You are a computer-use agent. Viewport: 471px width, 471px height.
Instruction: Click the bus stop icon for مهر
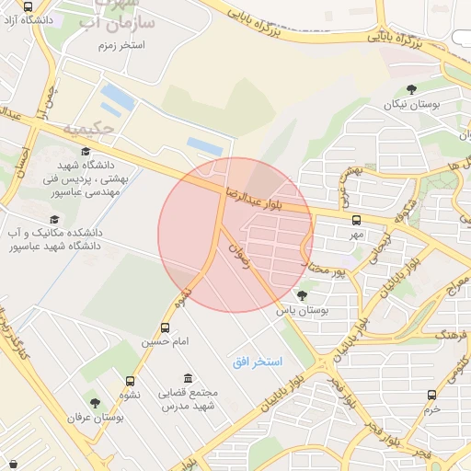coord(356,220)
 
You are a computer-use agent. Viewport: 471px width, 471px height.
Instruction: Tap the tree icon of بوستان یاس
coord(303,295)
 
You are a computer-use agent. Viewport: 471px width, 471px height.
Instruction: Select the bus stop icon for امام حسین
coord(166,327)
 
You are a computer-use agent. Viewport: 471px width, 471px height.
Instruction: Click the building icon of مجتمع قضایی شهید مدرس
coord(189,379)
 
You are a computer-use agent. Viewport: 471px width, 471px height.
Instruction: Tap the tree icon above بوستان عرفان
coord(94,402)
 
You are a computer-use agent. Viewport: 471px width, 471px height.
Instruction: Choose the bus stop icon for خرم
coord(432,395)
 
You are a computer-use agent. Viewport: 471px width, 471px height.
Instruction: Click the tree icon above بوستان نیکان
coord(411,89)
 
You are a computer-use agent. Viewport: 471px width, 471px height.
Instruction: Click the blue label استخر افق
coord(258,363)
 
